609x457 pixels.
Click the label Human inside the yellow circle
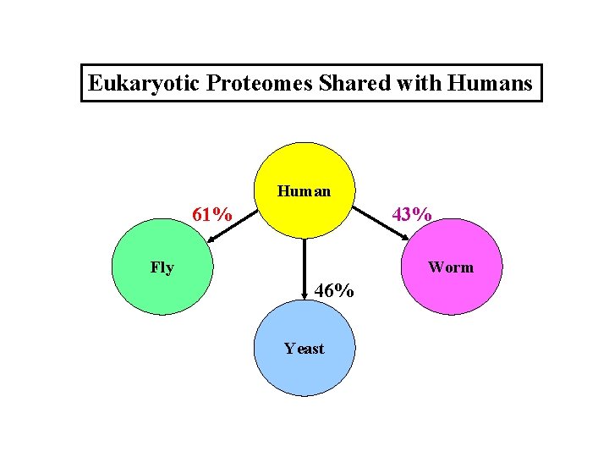(304, 191)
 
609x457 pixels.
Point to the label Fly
(162, 268)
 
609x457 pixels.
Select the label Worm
(451, 267)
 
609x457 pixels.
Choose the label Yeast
(304, 348)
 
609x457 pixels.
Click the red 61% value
(212, 215)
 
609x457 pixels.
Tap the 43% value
(413, 215)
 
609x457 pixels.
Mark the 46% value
(334, 291)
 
